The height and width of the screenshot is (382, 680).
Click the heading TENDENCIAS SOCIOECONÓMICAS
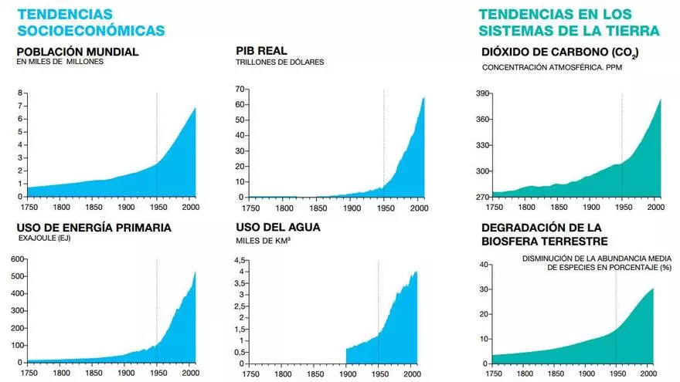[91, 22]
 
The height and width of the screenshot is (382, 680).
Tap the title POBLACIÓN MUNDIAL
[77, 52]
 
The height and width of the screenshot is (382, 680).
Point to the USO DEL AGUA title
[278, 228]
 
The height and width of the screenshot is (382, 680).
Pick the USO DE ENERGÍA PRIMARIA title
[93, 228]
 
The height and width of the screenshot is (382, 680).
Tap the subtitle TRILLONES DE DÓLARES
[280, 62]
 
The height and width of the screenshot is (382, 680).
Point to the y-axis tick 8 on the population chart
[20, 93]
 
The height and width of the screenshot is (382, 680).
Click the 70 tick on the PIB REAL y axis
[240, 90]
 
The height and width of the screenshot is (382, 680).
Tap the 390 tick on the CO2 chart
[483, 93]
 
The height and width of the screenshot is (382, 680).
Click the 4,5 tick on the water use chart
[239, 259]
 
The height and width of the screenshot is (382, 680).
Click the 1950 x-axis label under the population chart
[156, 208]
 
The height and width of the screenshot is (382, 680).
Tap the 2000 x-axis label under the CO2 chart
[654, 208]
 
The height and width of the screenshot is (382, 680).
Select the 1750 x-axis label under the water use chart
[251, 374]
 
